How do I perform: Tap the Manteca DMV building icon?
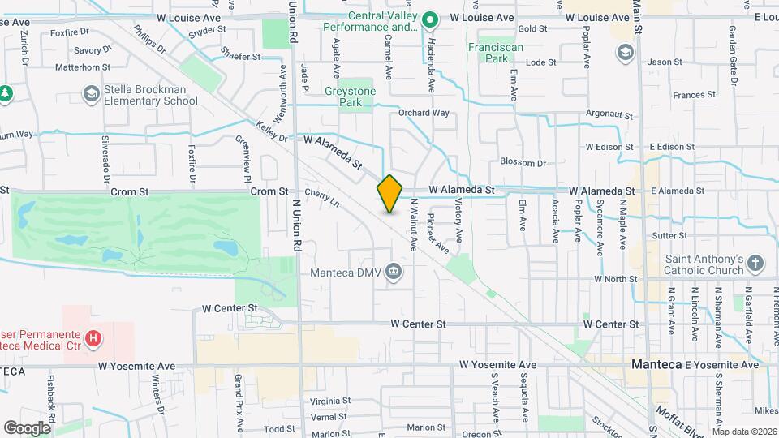(x=394, y=271)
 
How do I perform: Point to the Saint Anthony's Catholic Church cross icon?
(x=755, y=264)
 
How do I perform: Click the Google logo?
(x=27, y=427)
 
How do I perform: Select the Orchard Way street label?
(x=424, y=113)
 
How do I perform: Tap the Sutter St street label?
(x=669, y=235)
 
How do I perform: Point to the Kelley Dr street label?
(x=272, y=132)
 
